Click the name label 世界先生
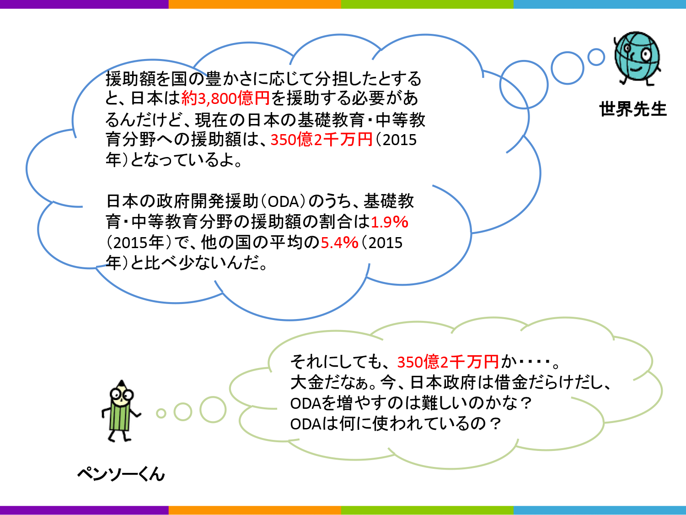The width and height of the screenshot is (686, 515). point(633,109)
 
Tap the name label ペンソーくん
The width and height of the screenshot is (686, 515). point(121,474)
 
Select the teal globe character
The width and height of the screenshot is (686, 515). point(637,58)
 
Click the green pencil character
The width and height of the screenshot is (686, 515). point(121,411)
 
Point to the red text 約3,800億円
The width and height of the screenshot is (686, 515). point(225,98)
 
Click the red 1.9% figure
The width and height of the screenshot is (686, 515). point(389,222)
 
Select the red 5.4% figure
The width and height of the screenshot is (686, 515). point(339,243)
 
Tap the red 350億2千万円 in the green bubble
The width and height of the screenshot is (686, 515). point(448,362)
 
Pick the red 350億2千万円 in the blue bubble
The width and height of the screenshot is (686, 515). point(322,140)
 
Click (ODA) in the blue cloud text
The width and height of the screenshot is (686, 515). point(283,201)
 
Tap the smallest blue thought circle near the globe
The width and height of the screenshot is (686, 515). point(596,57)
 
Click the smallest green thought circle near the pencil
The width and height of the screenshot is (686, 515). point(161,413)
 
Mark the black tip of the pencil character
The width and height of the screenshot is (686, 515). point(122,382)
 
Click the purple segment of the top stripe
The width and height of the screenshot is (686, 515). point(85,4)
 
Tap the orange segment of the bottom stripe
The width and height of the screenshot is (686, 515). point(255,510)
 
